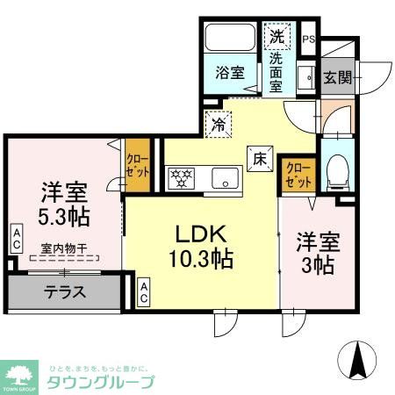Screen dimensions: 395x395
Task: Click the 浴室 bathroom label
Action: pyautogui.click(x=233, y=75)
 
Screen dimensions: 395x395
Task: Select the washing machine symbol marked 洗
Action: pyautogui.click(x=276, y=37)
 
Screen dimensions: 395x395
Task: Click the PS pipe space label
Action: pyautogui.click(x=308, y=39)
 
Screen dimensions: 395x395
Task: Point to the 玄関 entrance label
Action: pyautogui.click(x=336, y=77)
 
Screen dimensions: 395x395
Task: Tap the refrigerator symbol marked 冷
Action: pyautogui.click(x=218, y=125)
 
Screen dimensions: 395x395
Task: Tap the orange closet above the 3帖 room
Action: pyautogui.click(x=298, y=174)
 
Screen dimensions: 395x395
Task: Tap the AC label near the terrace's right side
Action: pyautogui.click(x=144, y=291)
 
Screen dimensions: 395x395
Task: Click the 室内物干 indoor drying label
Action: pyautogui.click(x=62, y=248)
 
